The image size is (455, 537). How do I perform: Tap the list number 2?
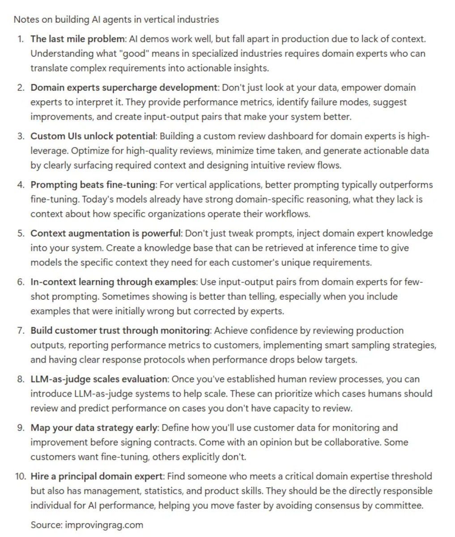(x=20, y=87)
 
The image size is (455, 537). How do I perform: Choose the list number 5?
(x=20, y=233)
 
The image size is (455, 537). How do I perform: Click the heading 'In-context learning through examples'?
(x=113, y=282)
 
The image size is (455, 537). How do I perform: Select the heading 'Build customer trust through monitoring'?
(x=120, y=331)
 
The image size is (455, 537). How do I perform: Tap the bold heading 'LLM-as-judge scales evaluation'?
(x=99, y=379)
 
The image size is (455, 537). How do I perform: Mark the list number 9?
(x=20, y=428)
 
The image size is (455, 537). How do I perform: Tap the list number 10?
(x=19, y=476)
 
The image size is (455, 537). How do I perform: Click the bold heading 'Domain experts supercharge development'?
(x=124, y=87)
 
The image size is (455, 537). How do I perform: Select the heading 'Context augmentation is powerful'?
(x=106, y=233)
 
